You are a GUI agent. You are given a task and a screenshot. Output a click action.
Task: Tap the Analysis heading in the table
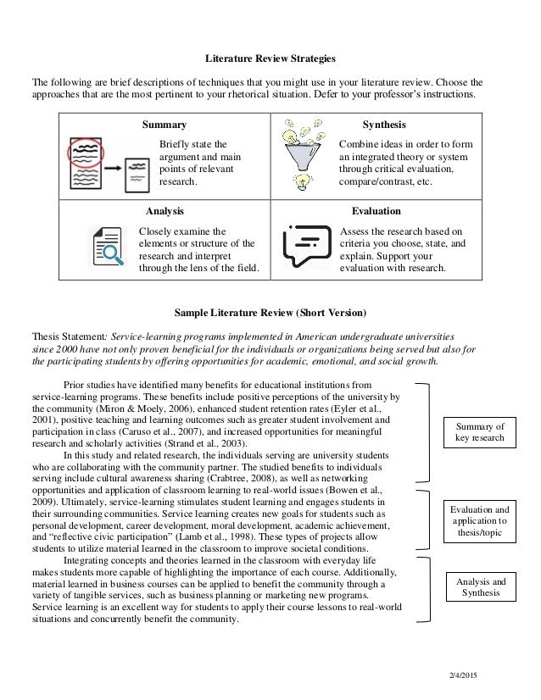point(165,210)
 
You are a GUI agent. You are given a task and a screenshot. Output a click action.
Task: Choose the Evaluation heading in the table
point(376,210)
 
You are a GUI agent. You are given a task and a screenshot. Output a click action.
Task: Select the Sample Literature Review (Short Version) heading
point(270,310)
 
